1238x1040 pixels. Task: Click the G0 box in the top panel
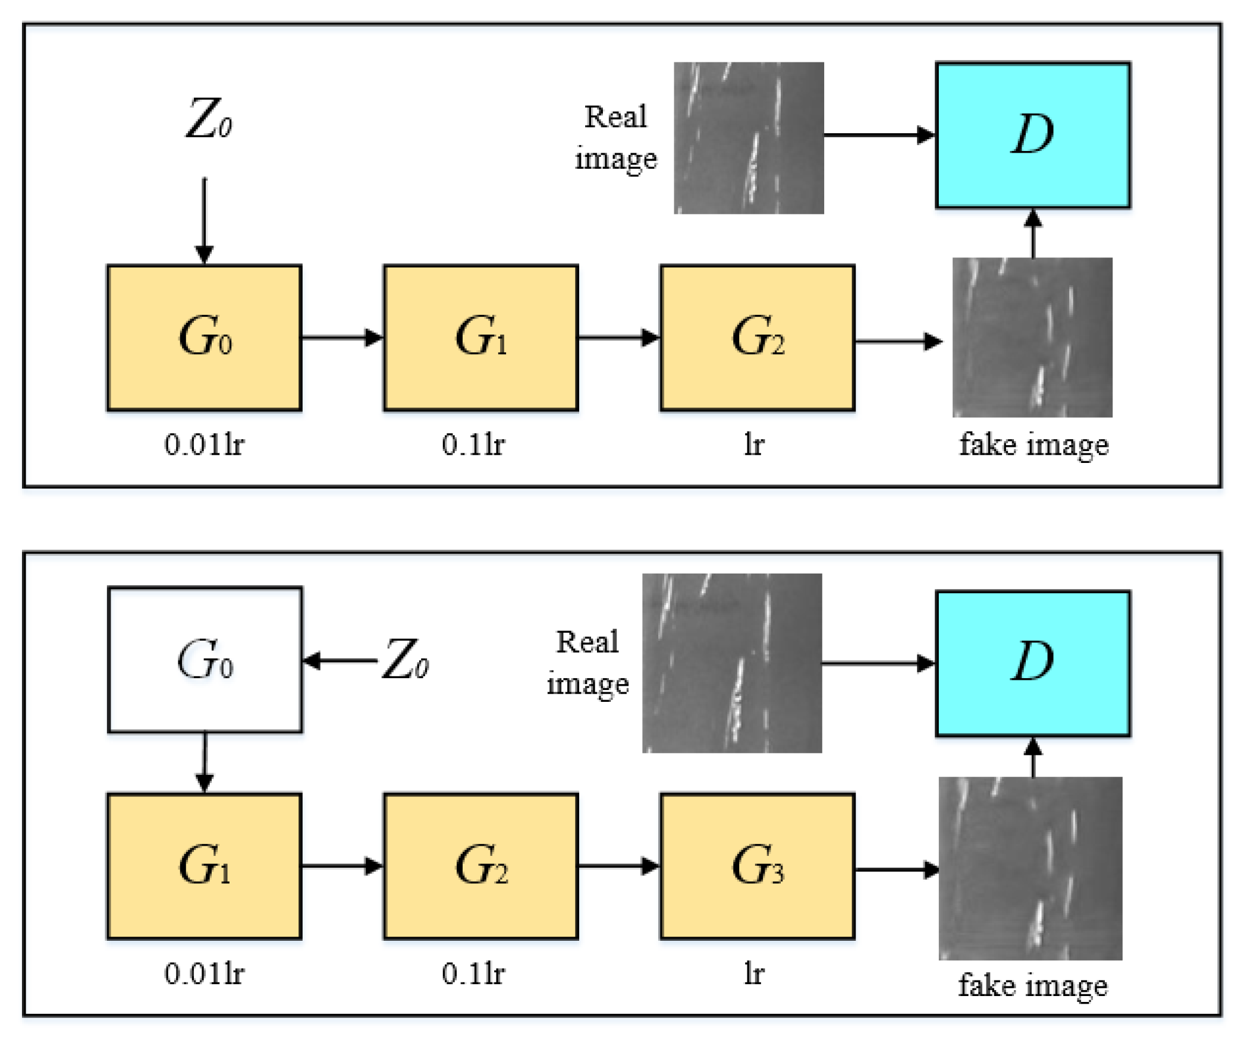point(204,337)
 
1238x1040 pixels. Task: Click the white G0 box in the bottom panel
point(205,659)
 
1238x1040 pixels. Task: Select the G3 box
point(756,865)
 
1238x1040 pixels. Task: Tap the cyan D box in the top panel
point(1032,135)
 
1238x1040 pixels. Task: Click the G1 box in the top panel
point(480,337)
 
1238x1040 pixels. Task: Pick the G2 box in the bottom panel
point(480,865)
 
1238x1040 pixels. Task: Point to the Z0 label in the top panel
point(208,119)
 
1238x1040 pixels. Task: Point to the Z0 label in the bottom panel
point(406,659)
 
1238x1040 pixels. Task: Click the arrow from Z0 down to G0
point(204,220)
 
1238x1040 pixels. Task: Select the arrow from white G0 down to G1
point(205,762)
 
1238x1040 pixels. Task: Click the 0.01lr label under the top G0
point(204,444)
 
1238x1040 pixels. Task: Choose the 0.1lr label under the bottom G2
point(473,973)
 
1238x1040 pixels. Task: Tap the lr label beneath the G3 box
point(753,973)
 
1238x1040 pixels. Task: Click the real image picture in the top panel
point(748,137)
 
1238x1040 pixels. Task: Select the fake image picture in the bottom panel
point(1030,867)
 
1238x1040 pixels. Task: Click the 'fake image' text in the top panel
point(1033,445)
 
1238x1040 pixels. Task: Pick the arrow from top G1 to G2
point(618,338)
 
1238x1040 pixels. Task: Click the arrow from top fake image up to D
point(1033,233)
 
